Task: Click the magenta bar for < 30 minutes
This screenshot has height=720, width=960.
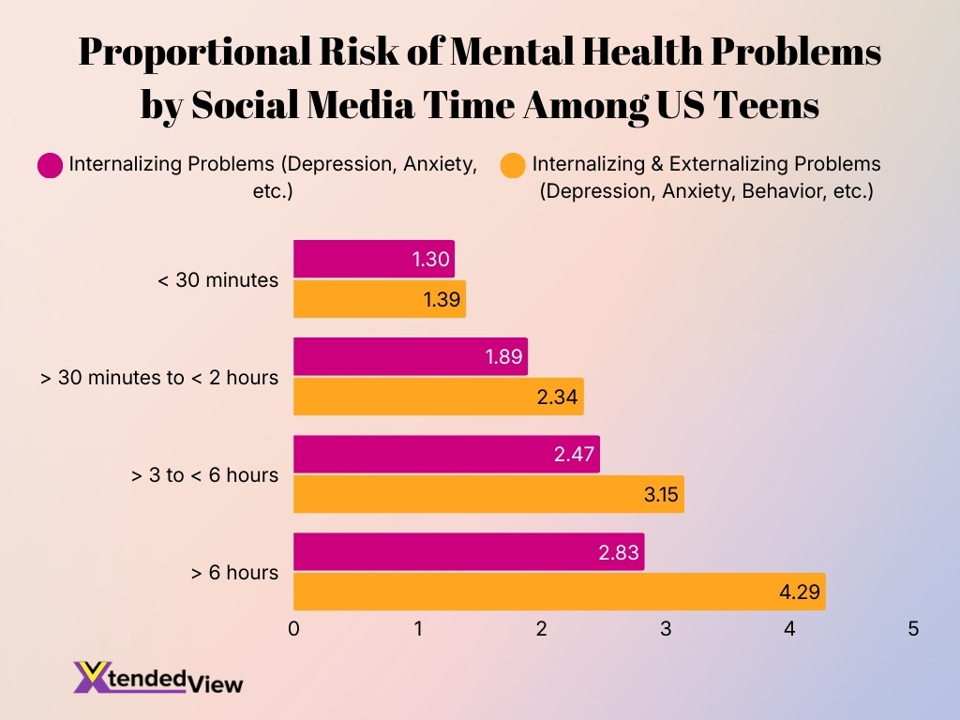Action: [373, 259]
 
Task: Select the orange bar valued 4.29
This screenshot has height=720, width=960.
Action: [559, 592]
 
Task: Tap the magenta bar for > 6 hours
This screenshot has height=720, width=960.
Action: [468, 551]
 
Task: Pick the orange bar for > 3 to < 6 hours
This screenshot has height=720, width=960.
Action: [487, 494]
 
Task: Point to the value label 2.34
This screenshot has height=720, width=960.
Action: [559, 397]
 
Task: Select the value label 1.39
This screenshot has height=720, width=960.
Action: [440, 299]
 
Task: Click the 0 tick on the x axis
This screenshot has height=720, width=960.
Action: [294, 629]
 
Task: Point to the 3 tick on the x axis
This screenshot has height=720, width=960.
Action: [666, 629]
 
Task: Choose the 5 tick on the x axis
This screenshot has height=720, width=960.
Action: [913, 629]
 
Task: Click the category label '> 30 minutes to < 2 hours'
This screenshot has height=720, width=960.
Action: [159, 378]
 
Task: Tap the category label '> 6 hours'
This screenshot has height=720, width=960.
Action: [234, 572]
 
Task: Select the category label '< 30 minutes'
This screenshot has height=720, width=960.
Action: [218, 279]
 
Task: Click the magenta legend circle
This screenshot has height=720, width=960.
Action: [50, 166]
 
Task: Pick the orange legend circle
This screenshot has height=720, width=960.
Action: [513, 166]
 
